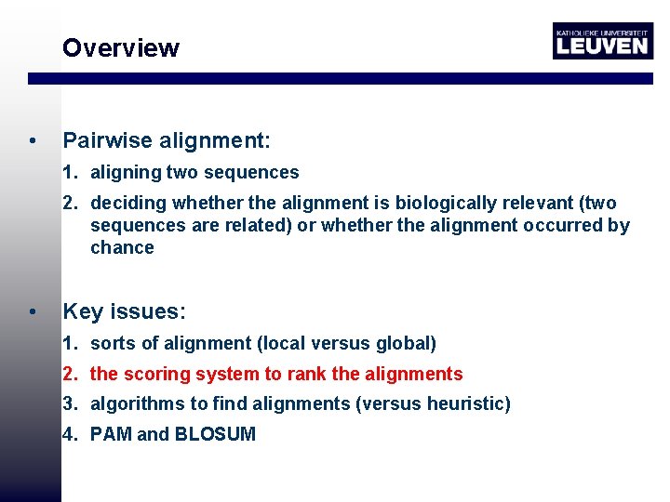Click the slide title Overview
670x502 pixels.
120,48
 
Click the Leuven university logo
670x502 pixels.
602,41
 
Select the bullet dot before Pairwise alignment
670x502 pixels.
33,142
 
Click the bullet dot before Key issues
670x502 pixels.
33,312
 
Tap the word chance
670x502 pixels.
122,247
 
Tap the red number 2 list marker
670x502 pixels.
69,374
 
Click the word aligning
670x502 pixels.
125,172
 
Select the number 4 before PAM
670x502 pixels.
69,433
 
